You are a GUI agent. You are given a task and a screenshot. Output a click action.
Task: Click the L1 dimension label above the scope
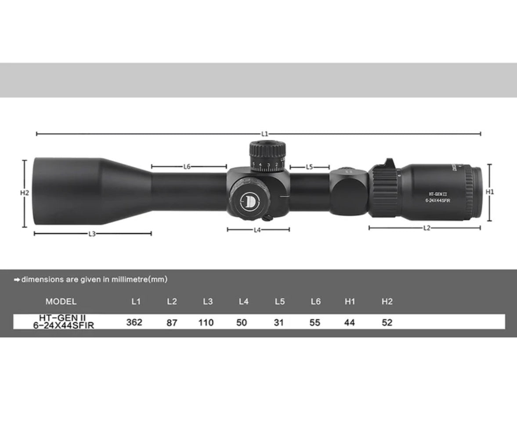click(264, 134)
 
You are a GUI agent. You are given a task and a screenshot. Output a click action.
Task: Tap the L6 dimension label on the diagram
click(187, 167)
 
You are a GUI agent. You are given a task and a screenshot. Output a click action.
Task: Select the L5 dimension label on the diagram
click(309, 167)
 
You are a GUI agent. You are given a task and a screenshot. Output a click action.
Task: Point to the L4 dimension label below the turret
click(257, 230)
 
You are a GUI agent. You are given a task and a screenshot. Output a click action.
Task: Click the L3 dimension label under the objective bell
click(92, 234)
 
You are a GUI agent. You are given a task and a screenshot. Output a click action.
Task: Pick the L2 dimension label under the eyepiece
click(427, 228)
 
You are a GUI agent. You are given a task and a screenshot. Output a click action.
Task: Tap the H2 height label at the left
click(24, 193)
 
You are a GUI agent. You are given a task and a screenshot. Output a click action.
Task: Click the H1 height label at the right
click(490, 192)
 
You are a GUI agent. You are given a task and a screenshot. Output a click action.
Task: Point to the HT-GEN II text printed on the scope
click(437, 193)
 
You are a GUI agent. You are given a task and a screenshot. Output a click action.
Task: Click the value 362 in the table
click(134, 323)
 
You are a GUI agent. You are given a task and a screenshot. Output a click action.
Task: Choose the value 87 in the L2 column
click(172, 323)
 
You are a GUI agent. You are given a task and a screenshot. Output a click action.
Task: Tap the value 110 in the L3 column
click(206, 323)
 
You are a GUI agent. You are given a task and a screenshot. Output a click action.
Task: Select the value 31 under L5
click(278, 323)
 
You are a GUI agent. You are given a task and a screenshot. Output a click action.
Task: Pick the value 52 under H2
click(387, 323)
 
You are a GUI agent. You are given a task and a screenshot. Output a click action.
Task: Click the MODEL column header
click(61, 302)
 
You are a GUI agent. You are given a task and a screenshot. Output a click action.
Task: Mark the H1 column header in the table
click(350, 302)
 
